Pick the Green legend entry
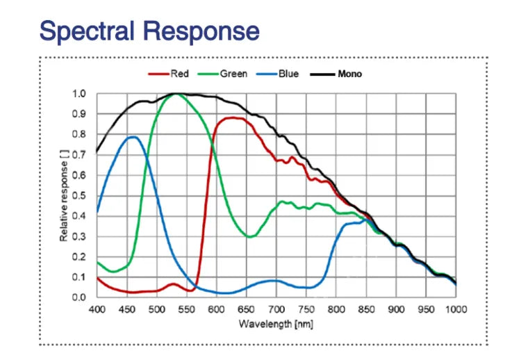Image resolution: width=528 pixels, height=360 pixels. (233, 74)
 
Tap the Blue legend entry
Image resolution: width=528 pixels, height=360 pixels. (288, 74)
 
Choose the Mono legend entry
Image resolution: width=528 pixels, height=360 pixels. (349, 74)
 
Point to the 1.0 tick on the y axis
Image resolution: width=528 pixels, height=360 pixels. (79, 93)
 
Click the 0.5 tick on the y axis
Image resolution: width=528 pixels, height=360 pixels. (79, 195)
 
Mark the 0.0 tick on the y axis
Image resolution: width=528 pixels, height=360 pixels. (79, 297)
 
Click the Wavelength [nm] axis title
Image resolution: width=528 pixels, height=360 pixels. (277, 324)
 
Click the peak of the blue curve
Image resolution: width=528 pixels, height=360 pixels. (131, 137)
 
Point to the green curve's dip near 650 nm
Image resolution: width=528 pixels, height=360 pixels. (250, 236)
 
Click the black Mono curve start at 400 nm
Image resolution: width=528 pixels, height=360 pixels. (97, 152)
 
